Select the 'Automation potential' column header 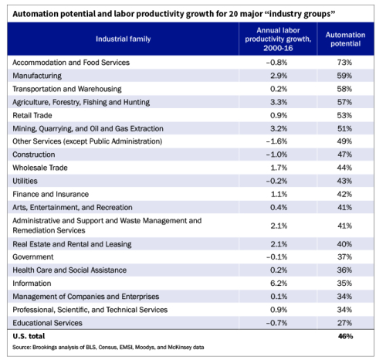coord(345,38)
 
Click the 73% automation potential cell coord(345,62)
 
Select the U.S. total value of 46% coord(345,338)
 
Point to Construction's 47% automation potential coord(345,155)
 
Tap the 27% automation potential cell coord(345,323)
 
